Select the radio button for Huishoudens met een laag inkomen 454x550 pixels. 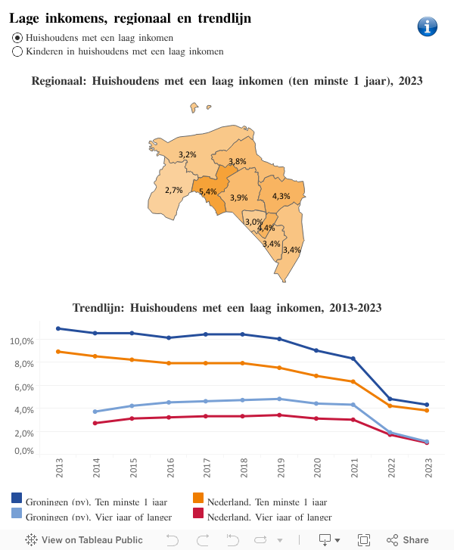[17, 37]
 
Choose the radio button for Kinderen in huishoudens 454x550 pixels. [17, 51]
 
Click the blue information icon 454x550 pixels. [428, 26]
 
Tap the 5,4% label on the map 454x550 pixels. [207, 191]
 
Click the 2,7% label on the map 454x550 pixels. [173, 190]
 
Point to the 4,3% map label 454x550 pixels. [281, 196]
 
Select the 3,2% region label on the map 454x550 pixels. [187, 154]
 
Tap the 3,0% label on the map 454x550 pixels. [253, 222]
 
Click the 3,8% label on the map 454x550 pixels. [237, 161]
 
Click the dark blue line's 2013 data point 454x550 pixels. [59, 328]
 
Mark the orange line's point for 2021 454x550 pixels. [353, 381]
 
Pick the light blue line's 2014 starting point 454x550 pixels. [95, 412]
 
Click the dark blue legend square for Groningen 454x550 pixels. [17, 498]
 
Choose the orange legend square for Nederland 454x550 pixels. [198, 498]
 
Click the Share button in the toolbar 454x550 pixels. [408, 540]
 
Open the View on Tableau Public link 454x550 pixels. [84, 540]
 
